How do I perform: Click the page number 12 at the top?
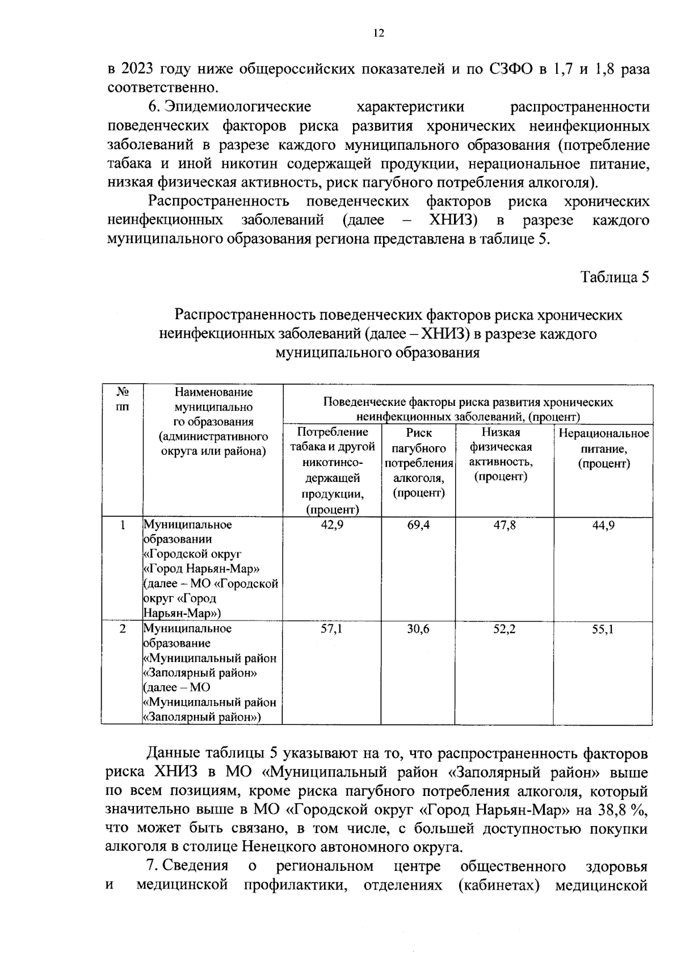point(379,33)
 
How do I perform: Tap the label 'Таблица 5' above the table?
point(614,277)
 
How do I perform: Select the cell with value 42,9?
point(332,525)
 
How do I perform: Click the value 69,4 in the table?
point(418,525)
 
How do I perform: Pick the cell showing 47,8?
point(504,525)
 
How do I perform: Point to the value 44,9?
point(603,525)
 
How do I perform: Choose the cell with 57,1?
point(332,629)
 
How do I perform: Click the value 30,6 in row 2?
point(418,629)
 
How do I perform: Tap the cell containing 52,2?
point(504,629)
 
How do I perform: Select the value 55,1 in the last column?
point(603,629)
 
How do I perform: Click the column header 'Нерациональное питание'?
point(604,449)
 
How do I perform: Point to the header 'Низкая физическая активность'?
point(501,454)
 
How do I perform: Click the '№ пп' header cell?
point(122,399)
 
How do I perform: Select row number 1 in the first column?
point(122,525)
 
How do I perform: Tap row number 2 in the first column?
point(122,629)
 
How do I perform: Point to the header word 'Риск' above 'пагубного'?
point(418,433)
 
